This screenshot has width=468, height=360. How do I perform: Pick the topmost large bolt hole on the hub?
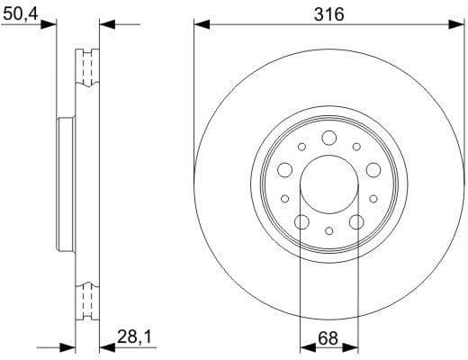click(x=328, y=137)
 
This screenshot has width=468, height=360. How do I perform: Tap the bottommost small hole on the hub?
click(x=328, y=231)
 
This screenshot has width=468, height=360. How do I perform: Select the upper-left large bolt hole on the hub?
click(x=284, y=169)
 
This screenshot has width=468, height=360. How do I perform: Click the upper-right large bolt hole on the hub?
click(x=373, y=169)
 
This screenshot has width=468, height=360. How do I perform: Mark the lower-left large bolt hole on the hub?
click(x=301, y=221)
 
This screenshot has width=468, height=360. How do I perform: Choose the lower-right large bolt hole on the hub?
click(x=355, y=221)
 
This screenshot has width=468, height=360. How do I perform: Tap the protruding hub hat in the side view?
click(x=63, y=184)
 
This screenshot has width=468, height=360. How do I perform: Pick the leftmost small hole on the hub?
click(x=285, y=198)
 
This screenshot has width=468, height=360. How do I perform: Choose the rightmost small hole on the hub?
click(x=373, y=198)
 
